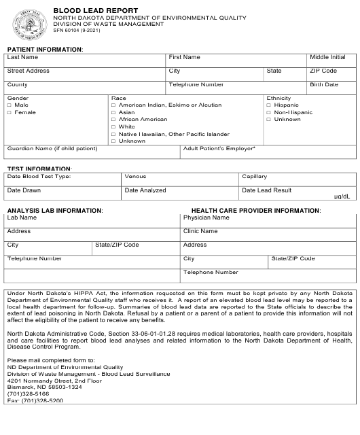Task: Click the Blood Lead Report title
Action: pyautogui.click(x=96, y=11)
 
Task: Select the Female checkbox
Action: pyautogui.click(x=10, y=113)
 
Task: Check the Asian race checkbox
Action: pyautogui.click(x=113, y=113)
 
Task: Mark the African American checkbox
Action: pyautogui.click(x=113, y=120)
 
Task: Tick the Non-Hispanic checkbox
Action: pyautogui.click(x=269, y=113)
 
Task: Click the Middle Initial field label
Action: pyautogui.click(x=327, y=58)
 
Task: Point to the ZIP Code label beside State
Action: pyautogui.click(x=323, y=71)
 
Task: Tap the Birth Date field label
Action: pyautogui.click(x=324, y=85)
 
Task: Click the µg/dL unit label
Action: pyautogui.click(x=342, y=196)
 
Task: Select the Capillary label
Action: pyautogui.click(x=255, y=177)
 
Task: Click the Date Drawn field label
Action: pyautogui.click(x=24, y=191)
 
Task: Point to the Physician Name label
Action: pyautogui.click(x=206, y=218)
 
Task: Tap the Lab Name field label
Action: pyautogui.click(x=22, y=218)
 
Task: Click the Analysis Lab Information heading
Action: pyautogui.click(x=55, y=211)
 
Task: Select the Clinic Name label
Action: pyautogui.click(x=200, y=232)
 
